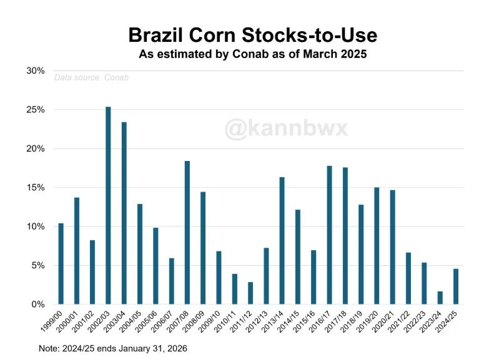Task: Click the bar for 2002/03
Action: (x=108, y=205)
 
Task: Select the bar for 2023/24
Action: (x=440, y=298)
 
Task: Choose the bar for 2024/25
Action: (x=456, y=286)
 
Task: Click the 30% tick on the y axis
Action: (x=36, y=71)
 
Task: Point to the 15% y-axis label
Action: (x=36, y=188)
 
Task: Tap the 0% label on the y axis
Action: (x=38, y=304)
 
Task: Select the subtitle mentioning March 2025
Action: (x=252, y=54)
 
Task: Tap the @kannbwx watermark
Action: (x=287, y=129)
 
